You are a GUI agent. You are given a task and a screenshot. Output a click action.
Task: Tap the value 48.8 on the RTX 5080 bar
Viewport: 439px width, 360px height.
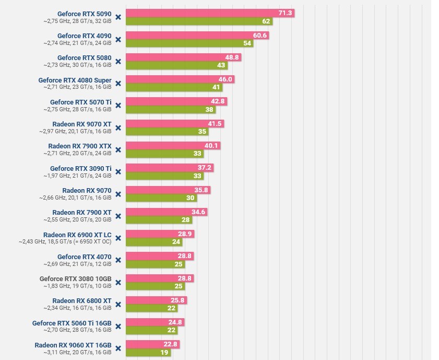232,57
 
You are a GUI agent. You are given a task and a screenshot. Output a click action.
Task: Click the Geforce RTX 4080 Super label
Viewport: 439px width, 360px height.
75,80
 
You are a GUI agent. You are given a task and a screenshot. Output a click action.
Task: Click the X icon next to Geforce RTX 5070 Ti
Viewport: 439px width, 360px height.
118,106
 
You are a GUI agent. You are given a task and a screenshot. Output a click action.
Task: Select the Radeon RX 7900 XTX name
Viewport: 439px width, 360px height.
80,146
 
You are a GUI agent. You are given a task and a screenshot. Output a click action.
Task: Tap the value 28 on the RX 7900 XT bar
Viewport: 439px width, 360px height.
186,220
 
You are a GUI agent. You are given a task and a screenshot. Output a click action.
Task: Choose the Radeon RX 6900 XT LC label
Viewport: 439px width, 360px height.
77,235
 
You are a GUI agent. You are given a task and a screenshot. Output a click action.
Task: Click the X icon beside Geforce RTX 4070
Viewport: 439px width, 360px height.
118,260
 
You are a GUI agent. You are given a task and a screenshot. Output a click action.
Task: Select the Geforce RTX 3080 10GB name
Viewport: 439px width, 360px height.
76,279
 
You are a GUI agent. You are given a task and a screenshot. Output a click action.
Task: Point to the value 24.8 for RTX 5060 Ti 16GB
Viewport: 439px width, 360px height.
175,322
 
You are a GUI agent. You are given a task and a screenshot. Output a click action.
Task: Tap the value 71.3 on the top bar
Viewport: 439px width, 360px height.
286,13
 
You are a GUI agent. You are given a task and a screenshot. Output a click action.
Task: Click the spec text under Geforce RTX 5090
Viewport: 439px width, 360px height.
77,21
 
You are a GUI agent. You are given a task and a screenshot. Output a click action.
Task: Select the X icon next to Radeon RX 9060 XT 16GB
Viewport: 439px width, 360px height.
118,349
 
